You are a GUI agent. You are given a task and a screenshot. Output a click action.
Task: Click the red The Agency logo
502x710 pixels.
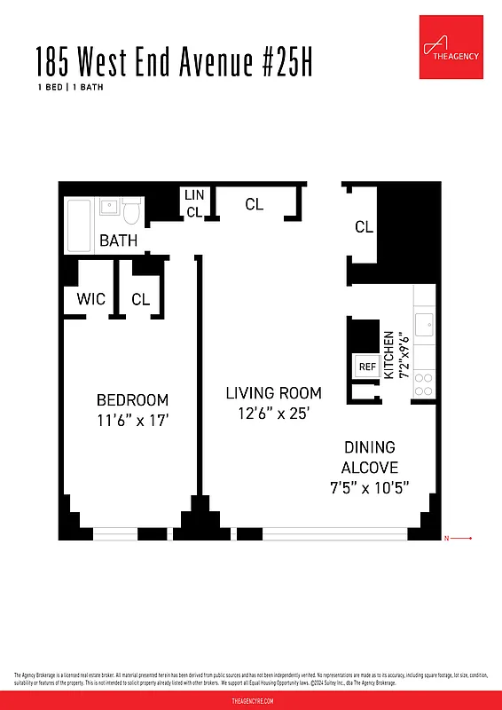coord(451,46)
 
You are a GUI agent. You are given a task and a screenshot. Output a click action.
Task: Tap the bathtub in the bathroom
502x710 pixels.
coord(79,226)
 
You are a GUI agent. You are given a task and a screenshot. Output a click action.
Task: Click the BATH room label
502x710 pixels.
coord(118,241)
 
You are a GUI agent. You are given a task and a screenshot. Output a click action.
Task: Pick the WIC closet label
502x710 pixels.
coord(91,299)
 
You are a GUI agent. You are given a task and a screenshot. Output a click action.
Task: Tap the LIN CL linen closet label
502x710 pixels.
coord(193,203)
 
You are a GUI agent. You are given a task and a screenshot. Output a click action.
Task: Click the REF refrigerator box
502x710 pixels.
coord(366,366)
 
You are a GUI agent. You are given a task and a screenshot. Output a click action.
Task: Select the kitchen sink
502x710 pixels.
coord(424,324)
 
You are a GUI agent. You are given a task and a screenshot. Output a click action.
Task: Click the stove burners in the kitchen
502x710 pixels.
coord(424,383)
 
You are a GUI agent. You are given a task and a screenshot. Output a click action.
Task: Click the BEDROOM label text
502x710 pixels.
coord(132,400)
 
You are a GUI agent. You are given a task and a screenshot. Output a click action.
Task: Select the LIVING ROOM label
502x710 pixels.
coord(273,392)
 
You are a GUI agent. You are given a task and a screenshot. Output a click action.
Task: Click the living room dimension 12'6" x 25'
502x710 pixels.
coord(272,414)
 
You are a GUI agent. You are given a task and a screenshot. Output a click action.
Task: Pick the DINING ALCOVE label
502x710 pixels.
coord(370,457)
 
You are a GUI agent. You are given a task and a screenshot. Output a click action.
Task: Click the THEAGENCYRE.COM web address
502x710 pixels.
coord(251,700)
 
